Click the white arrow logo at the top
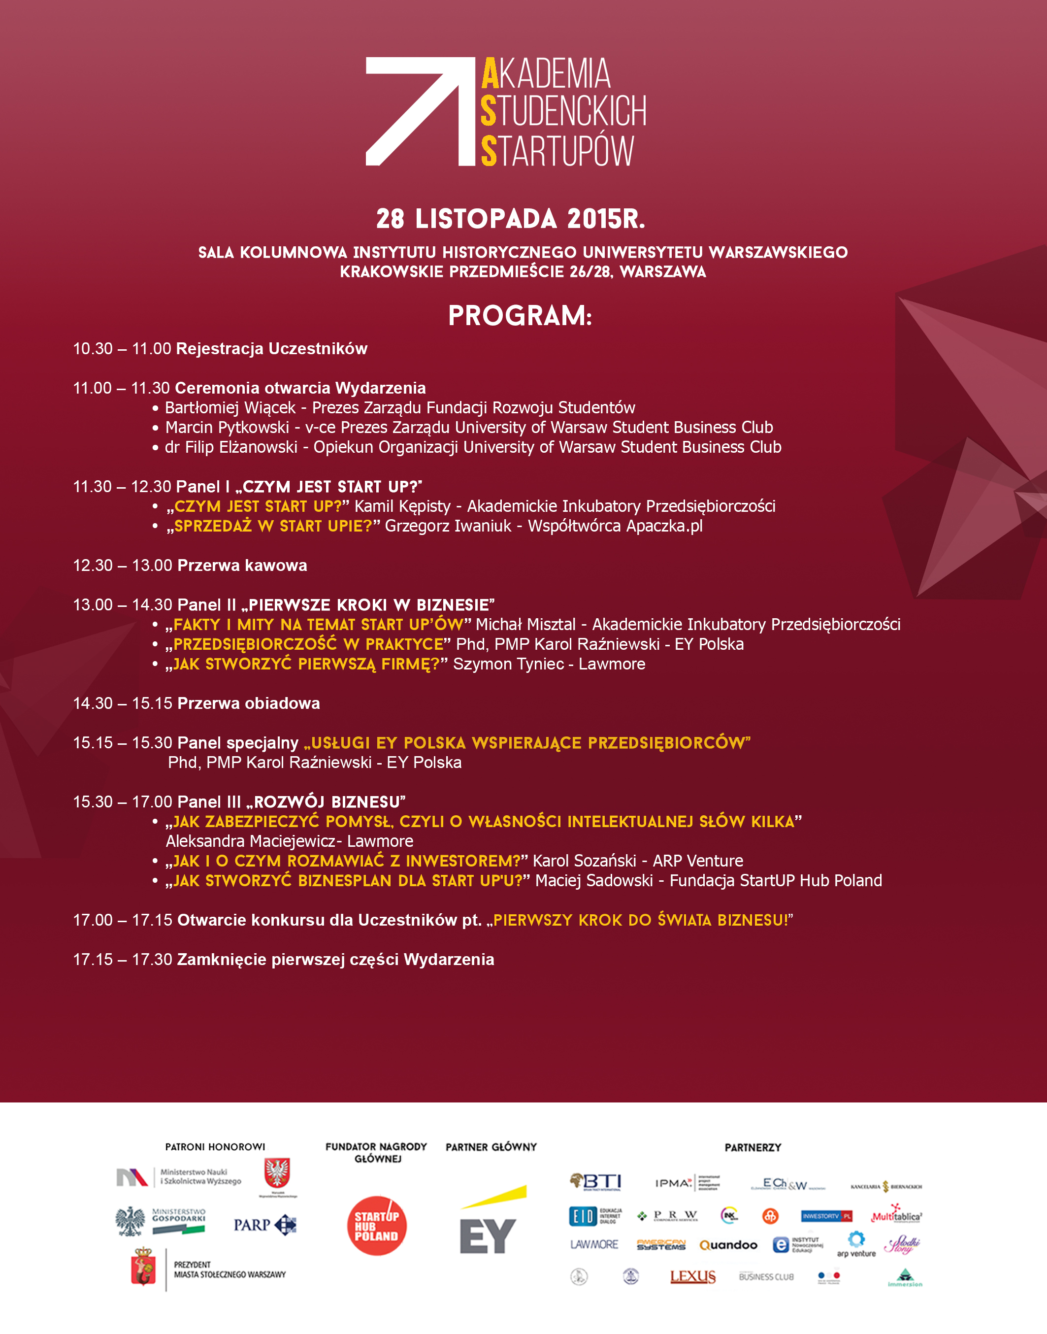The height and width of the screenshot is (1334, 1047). pyautogui.click(x=421, y=111)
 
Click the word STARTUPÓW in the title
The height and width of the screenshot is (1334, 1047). pyautogui.click(x=556, y=151)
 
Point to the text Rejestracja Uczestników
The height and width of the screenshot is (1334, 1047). pyautogui.click(x=271, y=349)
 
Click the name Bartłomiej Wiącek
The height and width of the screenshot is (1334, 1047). pyautogui.click(x=230, y=408)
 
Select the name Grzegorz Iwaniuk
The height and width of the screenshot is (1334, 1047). pyautogui.click(x=448, y=526)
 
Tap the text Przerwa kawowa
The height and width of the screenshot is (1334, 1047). pyautogui.click(x=242, y=565)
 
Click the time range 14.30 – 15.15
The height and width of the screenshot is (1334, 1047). pyautogui.click(x=123, y=703)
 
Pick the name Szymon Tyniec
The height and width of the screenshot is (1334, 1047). pyautogui.click(x=508, y=664)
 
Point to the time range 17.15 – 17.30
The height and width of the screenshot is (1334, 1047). pyautogui.click(x=123, y=960)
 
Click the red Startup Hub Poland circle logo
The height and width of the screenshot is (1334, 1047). pyautogui.click(x=376, y=1226)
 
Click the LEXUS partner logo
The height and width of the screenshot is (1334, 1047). pyautogui.click(x=693, y=1276)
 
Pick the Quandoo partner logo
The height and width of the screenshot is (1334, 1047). pyautogui.click(x=728, y=1245)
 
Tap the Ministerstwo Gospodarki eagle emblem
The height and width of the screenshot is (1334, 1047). pyautogui.click(x=130, y=1222)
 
